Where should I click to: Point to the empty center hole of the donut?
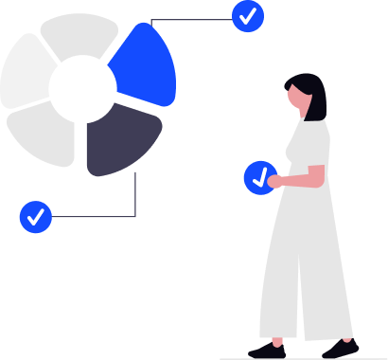[82, 91]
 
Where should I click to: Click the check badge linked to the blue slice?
[248, 16]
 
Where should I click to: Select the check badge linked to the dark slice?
[36, 217]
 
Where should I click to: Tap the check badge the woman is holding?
[259, 177]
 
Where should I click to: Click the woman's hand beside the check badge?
[275, 180]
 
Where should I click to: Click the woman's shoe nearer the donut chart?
[269, 350]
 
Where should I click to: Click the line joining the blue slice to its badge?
[189, 18]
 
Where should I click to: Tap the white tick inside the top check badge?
[248, 16]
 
